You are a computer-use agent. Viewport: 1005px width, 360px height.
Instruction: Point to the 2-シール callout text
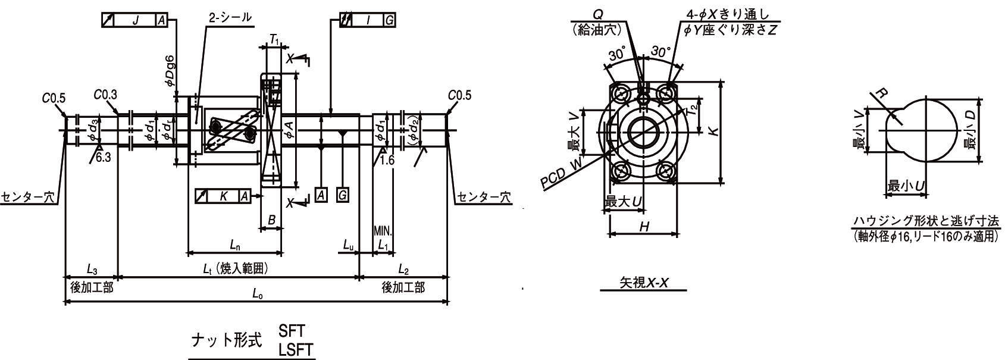230,18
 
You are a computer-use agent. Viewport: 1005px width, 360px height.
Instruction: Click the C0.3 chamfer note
105,95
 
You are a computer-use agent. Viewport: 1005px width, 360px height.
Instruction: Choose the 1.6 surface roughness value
387,160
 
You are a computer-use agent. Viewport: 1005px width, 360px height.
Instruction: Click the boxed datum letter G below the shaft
342,195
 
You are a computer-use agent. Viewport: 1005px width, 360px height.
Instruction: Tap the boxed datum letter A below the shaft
321,195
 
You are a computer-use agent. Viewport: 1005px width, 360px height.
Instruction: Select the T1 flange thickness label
274,39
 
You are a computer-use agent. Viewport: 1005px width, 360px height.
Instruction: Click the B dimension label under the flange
271,220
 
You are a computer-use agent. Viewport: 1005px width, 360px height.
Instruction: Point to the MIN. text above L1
383,231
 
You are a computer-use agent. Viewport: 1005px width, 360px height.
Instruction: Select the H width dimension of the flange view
644,226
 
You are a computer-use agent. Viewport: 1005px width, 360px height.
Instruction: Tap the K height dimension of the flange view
712,132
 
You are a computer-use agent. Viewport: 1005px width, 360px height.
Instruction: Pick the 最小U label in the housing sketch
906,186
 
